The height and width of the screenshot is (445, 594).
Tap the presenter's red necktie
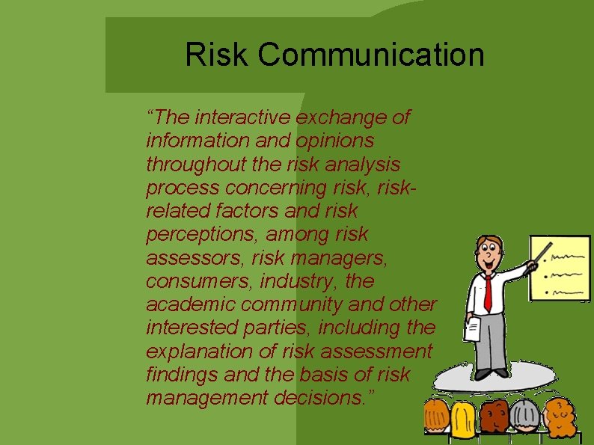tap(488, 293)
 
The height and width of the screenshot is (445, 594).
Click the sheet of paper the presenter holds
tap(473, 329)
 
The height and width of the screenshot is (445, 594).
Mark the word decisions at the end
tap(324, 398)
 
